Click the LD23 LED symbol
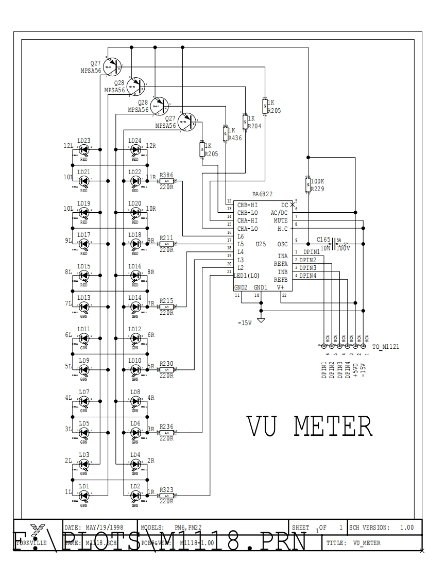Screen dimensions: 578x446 pos(84,149)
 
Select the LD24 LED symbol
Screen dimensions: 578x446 pos(135,149)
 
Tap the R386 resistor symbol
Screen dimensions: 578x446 pos(166,181)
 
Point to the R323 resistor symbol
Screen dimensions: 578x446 pos(166,496)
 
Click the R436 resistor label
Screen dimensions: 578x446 pos(235,138)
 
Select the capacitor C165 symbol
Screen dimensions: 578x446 pos(335,241)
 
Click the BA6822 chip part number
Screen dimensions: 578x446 pos(262,194)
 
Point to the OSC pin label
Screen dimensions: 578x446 pos(282,244)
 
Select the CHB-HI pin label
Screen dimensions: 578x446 pos(247,205)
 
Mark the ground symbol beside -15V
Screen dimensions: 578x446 pos(261,320)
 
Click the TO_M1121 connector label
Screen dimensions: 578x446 pos(385,347)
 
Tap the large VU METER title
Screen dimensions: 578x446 pos(309,427)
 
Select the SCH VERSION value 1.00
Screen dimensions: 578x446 pos(407,528)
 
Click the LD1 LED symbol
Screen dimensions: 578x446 pos(84,496)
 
